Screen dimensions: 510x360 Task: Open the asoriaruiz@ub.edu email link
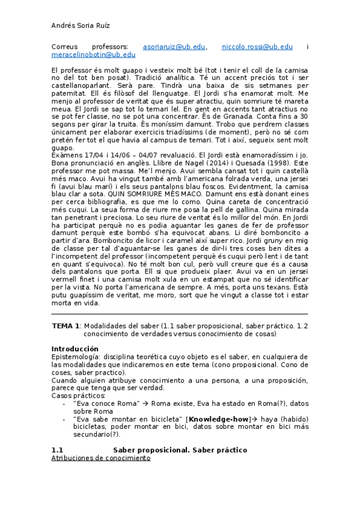[174, 46]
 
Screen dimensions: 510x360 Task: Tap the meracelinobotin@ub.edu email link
[93, 55]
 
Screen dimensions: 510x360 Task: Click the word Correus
[64, 46]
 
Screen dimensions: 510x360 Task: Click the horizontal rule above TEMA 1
[180, 314]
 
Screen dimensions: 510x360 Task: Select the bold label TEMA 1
[66, 325]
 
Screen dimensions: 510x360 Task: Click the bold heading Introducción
[74, 349]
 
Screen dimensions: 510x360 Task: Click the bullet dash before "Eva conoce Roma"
[64, 404]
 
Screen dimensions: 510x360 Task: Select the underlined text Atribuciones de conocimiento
[100, 458]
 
